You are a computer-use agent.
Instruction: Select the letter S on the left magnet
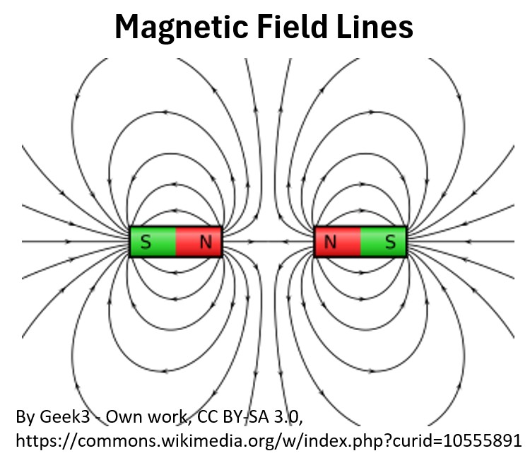click(x=146, y=242)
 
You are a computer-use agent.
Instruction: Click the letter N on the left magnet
click(x=206, y=242)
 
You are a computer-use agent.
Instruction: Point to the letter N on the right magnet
click(x=330, y=242)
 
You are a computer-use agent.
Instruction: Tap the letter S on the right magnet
click(x=390, y=242)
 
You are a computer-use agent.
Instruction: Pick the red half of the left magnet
click(x=192, y=242)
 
